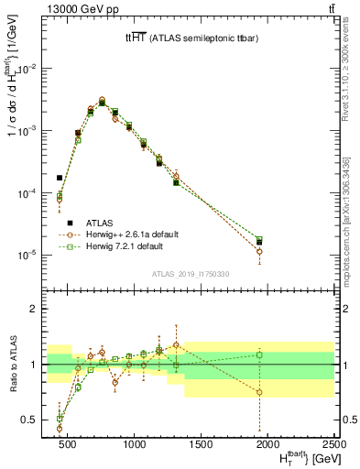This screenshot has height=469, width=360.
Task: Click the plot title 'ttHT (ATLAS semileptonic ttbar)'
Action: [x=191, y=38]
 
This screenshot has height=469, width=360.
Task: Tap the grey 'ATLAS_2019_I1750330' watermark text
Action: [x=191, y=273]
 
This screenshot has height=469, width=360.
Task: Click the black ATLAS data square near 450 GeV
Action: [x=60, y=178]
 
